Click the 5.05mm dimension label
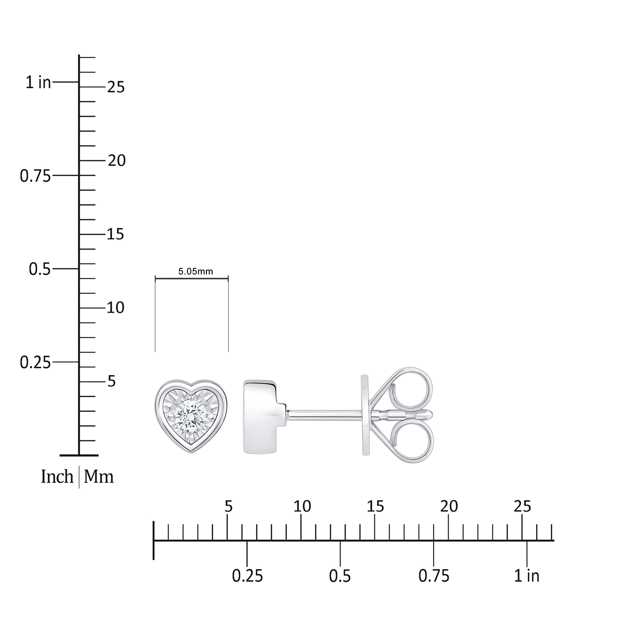(196, 271)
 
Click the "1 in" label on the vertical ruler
(39, 83)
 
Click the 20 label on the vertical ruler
(116, 161)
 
